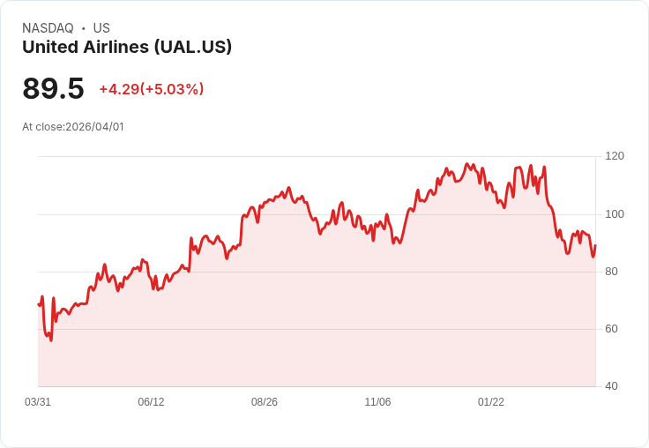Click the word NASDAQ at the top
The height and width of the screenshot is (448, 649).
click(x=48, y=28)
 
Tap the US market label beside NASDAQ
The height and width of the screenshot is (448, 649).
click(x=101, y=28)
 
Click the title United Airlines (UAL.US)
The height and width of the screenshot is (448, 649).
click(x=127, y=47)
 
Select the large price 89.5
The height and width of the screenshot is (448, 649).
click(x=53, y=88)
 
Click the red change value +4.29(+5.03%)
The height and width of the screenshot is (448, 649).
click(x=152, y=89)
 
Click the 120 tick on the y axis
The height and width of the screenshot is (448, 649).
click(x=614, y=156)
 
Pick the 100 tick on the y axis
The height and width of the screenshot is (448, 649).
click(x=614, y=214)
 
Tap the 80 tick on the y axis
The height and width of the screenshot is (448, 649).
click(x=611, y=272)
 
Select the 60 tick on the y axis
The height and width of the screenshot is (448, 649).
click(x=611, y=329)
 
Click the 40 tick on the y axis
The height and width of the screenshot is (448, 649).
click(x=611, y=386)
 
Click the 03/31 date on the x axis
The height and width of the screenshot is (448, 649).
click(x=38, y=402)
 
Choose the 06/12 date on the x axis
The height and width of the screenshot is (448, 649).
click(x=151, y=402)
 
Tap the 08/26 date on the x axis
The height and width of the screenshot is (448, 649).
click(x=265, y=402)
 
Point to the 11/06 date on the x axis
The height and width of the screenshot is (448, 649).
click(x=377, y=402)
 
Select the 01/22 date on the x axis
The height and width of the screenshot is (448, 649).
click(x=491, y=402)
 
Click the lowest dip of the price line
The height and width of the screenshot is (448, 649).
click(x=51, y=340)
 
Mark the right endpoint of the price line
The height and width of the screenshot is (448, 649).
click(x=595, y=246)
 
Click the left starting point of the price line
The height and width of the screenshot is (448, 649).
click(x=39, y=304)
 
